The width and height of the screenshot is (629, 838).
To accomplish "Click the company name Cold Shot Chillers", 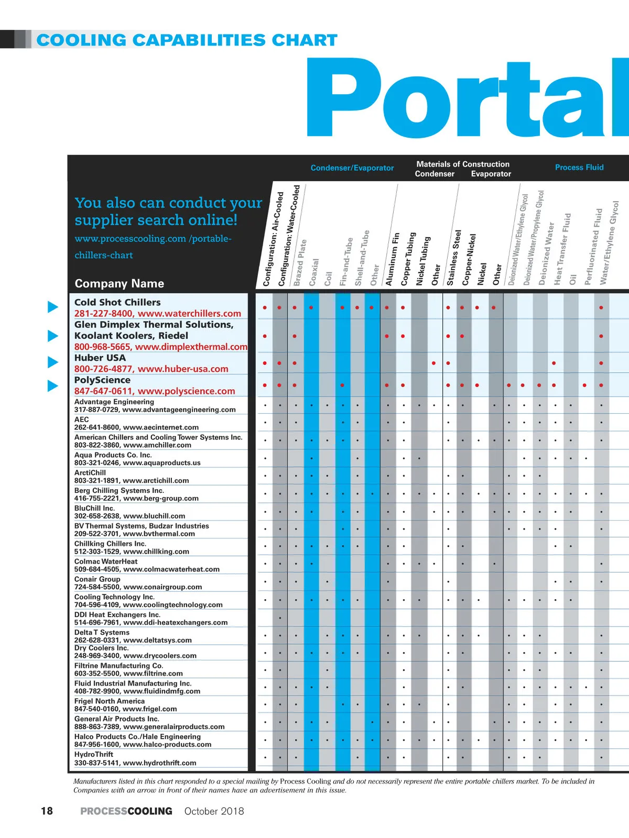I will (x=117, y=302).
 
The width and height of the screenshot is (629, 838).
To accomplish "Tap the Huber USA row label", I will (x=100, y=358).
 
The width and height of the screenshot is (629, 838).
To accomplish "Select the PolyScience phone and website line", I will (x=155, y=391).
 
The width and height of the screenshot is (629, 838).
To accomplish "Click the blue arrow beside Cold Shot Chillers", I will (x=53, y=307).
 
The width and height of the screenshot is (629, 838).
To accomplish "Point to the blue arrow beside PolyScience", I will (x=53, y=385).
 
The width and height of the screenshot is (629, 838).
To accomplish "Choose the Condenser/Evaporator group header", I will (x=352, y=168).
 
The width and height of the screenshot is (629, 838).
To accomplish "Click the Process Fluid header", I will (x=579, y=167).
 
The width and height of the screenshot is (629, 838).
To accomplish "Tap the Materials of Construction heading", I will (x=463, y=164).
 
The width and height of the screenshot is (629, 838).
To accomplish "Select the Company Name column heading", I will (x=120, y=283).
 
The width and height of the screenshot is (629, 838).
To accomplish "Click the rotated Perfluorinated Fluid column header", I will (x=592, y=247).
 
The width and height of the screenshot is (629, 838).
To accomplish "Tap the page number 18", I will (x=47, y=811).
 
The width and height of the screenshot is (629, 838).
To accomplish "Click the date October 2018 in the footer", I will (x=214, y=811).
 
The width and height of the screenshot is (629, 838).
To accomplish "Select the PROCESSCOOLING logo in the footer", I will (x=126, y=811).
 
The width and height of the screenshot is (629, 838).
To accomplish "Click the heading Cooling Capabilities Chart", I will (x=187, y=40).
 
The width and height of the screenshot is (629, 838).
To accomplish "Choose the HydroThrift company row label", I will (x=94, y=754).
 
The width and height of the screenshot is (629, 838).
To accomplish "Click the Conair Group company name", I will (x=97, y=579).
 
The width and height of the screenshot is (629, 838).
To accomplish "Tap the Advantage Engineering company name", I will (x=114, y=402).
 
